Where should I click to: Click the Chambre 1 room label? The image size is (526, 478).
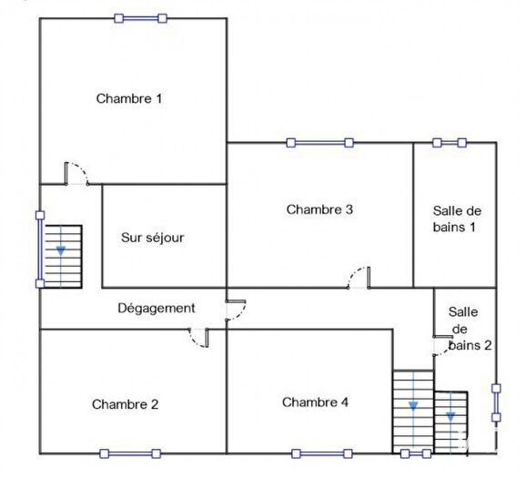(129, 98)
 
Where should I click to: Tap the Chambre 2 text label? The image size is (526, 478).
(126, 404)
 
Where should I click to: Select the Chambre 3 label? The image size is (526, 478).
(319, 209)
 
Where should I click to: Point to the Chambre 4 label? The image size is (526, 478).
(315, 402)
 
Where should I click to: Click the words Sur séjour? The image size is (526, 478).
(153, 238)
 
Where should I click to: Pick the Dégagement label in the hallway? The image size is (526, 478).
(157, 308)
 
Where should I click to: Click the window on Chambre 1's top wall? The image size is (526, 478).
(140, 17)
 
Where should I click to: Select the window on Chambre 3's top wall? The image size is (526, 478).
(319, 142)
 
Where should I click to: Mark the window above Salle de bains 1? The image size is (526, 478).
(450, 142)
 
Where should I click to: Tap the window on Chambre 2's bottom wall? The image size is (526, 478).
(129, 453)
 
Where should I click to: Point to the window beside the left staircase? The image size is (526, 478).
(39, 249)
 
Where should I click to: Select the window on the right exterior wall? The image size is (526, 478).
(496, 402)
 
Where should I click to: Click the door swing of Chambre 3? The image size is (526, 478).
(359, 279)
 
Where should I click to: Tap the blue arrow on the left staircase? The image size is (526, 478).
(61, 249)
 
